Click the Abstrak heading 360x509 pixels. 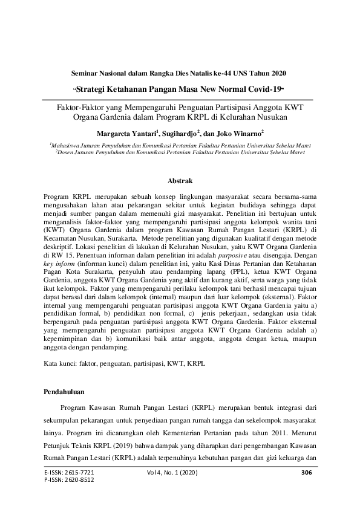point(180,180)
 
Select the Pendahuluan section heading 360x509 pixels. point(65,392)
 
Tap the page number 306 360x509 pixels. point(306,472)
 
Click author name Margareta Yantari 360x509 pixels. point(123,131)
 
